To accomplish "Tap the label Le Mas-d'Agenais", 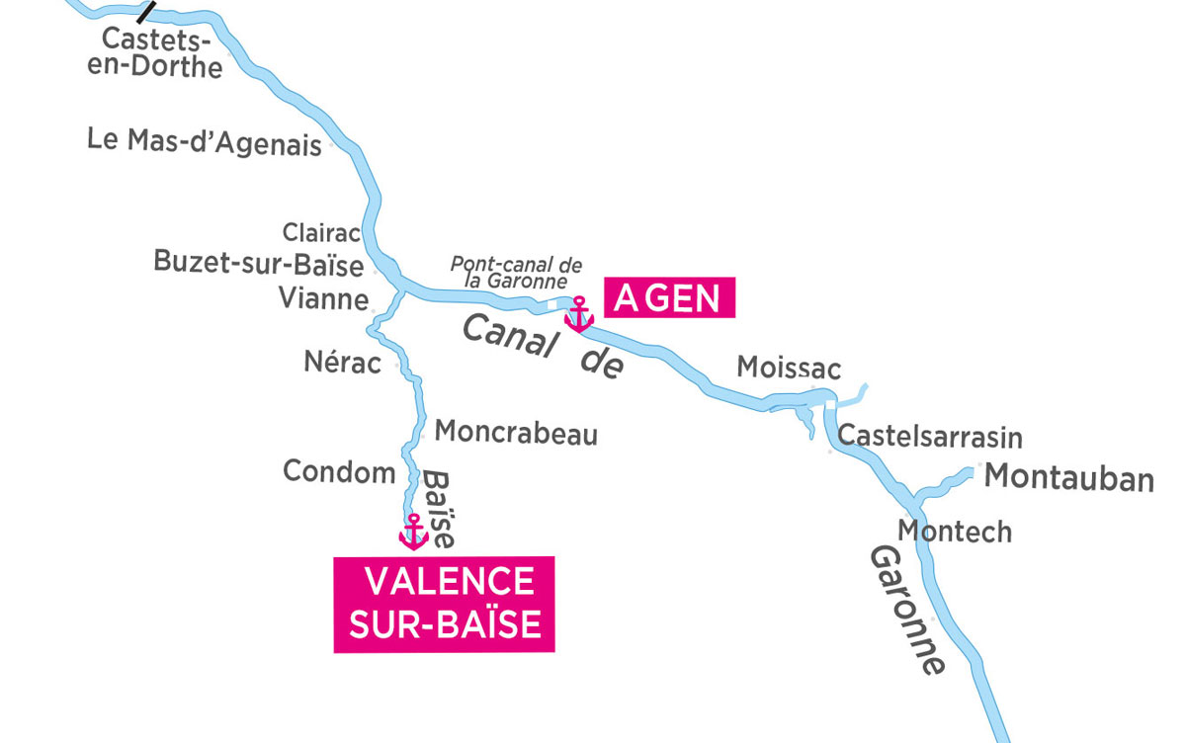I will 205,141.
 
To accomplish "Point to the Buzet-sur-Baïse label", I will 259,263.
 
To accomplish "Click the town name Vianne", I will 323,298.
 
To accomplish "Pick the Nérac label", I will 342,364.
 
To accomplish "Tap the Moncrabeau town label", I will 516,433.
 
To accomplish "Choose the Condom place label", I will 339,472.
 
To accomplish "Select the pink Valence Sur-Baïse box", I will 445,604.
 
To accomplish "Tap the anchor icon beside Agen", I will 578,314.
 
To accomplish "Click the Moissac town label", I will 789,369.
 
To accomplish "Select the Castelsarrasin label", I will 929,437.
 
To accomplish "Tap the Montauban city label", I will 1069,478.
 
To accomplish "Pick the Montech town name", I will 954,532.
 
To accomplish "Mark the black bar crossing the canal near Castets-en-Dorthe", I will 147,11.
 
